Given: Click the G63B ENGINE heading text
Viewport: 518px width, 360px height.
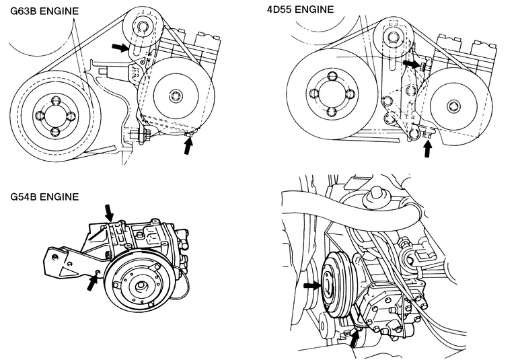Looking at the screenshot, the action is (44, 11).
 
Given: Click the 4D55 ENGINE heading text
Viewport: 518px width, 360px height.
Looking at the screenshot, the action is (300, 9).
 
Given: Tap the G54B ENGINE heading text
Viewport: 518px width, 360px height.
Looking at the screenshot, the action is (44, 196).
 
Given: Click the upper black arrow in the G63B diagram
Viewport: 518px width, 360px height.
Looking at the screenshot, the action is (120, 47).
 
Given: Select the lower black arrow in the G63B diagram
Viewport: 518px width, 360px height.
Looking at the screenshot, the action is (188, 145).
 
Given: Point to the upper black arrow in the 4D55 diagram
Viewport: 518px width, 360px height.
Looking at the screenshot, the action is (412, 63).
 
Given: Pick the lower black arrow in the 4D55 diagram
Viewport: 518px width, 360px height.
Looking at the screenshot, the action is (428, 149).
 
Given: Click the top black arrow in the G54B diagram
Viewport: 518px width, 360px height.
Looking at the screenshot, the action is (109, 213).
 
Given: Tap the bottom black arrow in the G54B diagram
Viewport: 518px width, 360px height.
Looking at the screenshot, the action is (93, 283).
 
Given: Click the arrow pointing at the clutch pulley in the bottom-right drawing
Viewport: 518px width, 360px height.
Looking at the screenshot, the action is (312, 285).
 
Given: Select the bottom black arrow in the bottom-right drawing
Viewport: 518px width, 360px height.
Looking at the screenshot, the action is (355, 339).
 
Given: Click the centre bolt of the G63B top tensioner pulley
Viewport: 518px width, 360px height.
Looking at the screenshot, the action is (143, 26).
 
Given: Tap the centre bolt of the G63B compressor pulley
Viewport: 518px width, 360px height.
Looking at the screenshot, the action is (175, 96).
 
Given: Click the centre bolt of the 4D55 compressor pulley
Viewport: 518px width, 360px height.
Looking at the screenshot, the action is (453, 106).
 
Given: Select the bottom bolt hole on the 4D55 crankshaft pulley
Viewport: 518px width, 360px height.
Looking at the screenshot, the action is (332, 112).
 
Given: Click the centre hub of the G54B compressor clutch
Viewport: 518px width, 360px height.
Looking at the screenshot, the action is (141, 286).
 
